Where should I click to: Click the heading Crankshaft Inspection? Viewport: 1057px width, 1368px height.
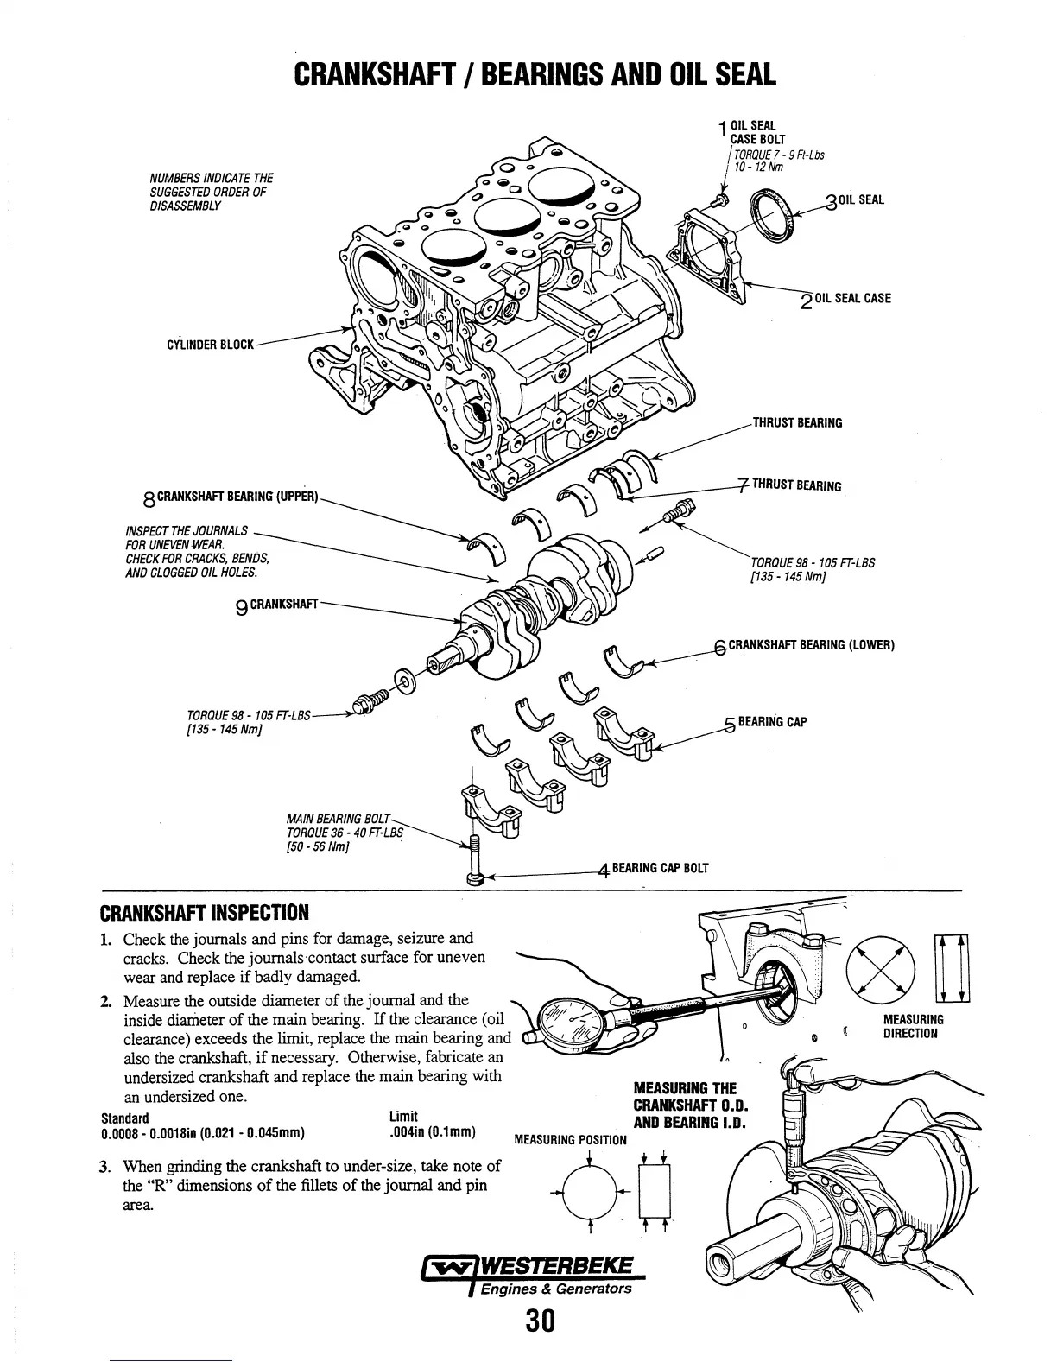pyautogui.click(x=205, y=913)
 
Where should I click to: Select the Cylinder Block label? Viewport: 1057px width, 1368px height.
pyautogui.click(x=210, y=345)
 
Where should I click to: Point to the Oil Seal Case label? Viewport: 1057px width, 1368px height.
pyautogui.click(x=852, y=299)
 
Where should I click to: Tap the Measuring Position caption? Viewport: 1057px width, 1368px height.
pyautogui.click(x=570, y=1139)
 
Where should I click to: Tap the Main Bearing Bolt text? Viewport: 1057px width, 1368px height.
pyautogui.click(x=338, y=818)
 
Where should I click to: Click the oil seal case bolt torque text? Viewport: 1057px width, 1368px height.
pyautogui.click(x=776, y=161)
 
